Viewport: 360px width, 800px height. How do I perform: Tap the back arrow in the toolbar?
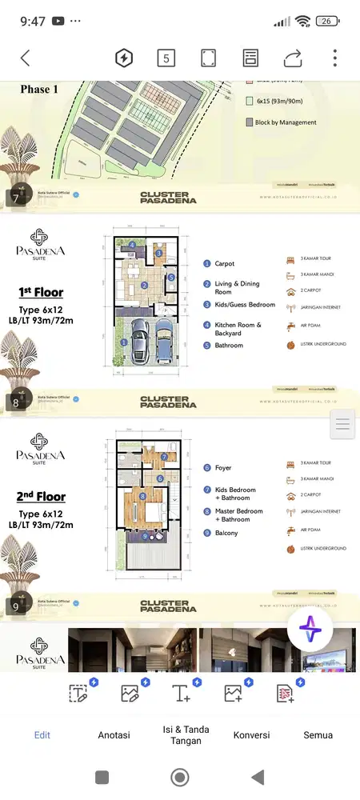point(25,58)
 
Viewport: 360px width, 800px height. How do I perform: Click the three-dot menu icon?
point(335,58)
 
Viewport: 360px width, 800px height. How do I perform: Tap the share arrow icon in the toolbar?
point(292,58)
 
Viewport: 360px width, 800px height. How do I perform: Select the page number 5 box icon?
point(166,58)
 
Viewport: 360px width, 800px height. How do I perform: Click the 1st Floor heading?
point(40,292)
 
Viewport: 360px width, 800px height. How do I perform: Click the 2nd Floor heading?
point(40,496)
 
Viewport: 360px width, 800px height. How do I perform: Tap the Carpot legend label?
point(224,263)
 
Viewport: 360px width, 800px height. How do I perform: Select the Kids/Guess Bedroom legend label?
point(245,305)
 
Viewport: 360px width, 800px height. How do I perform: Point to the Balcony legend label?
point(226,533)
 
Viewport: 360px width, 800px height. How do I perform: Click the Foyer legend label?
point(223,467)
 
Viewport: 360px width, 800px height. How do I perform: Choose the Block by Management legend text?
point(286,122)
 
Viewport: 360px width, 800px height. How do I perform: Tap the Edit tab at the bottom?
point(42,735)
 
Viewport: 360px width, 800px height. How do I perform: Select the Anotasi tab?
point(114,735)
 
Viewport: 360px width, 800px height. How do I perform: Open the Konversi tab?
point(251,735)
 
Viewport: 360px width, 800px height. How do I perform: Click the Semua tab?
point(318,735)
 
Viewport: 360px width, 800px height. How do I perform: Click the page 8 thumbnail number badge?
point(16,402)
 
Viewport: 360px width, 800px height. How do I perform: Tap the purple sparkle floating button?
point(310,630)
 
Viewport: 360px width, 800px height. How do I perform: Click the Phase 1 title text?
point(39,90)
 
